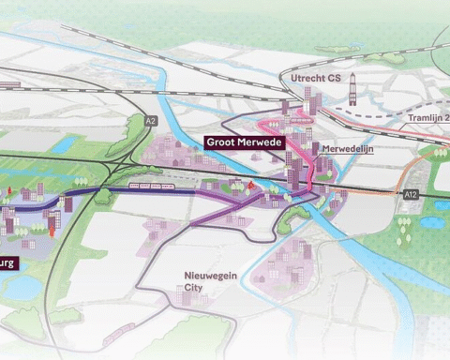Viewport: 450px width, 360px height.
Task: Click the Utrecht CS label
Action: click(316, 78)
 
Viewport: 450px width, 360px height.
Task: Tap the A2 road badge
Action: click(151, 120)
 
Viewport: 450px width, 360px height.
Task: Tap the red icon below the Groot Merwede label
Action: click(251, 186)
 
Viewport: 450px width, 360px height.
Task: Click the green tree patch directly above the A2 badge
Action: click(150, 101)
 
